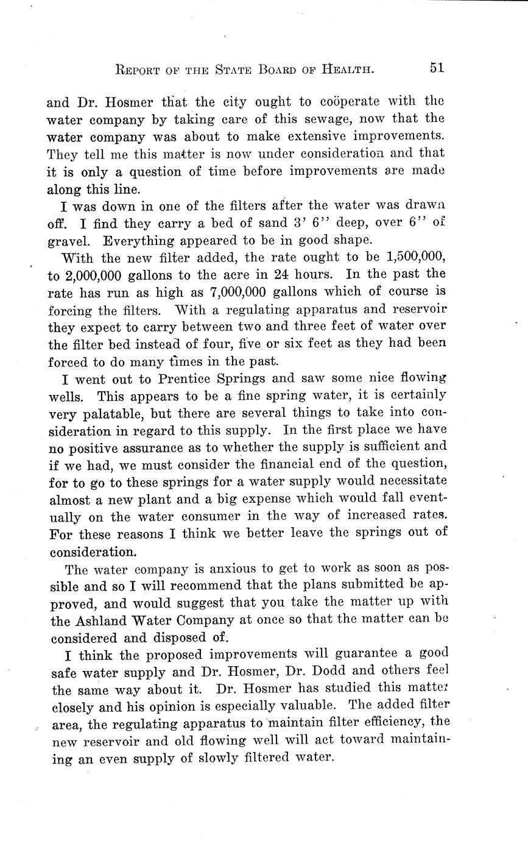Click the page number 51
436,68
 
